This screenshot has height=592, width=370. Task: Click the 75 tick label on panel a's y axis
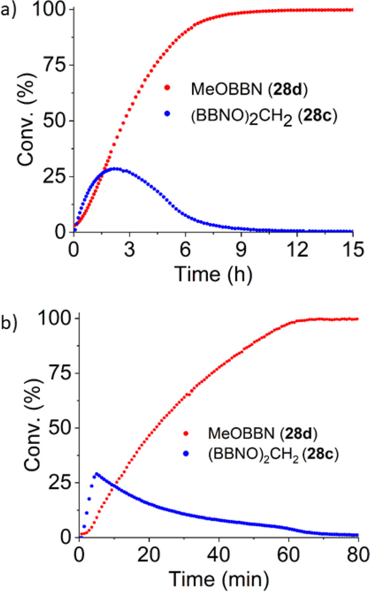53,65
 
